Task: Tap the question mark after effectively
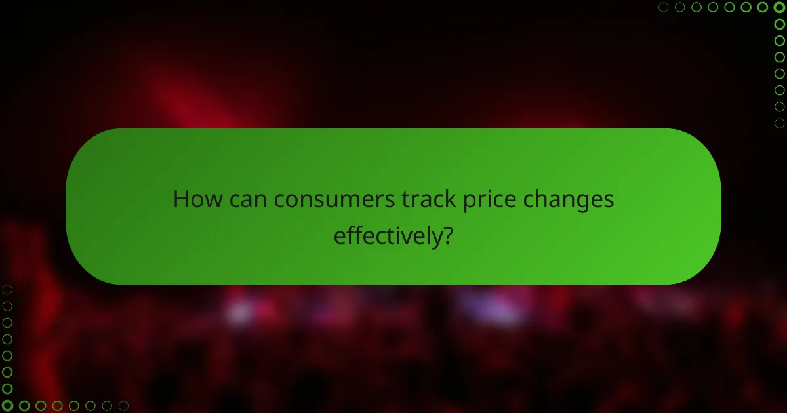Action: (x=447, y=234)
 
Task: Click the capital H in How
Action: (x=180, y=199)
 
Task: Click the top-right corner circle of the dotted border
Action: (x=779, y=8)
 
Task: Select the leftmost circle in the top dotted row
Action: (x=664, y=8)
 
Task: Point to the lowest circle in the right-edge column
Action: (x=779, y=123)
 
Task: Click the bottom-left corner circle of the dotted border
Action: (x=8, y=405)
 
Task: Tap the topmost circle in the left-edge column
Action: (x=8, y=290)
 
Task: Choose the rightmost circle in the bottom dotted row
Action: (x=123, y=405)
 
